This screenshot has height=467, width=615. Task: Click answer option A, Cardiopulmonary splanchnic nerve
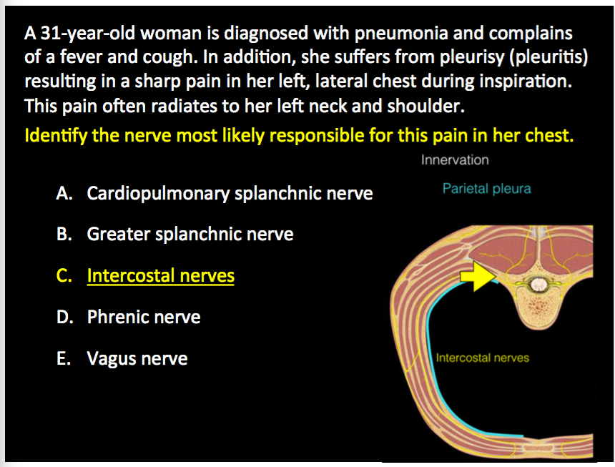(x=230, y=193)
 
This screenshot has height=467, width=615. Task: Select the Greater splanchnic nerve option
(x=190, y=234)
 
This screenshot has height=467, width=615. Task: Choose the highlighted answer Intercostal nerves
(x=160, y=275)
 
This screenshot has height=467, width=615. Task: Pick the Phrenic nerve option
(x=144, y=317)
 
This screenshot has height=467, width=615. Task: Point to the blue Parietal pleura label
(x=486, y=189)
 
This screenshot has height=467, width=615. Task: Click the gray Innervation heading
(x=455, y=159)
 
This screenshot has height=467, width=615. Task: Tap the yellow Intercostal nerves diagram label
(x=483, y=357)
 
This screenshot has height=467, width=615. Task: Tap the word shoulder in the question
(x=425, y=106)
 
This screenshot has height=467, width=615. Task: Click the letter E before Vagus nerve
(x=62, y=358)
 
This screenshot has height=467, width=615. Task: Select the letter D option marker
(x=63, y=317)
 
